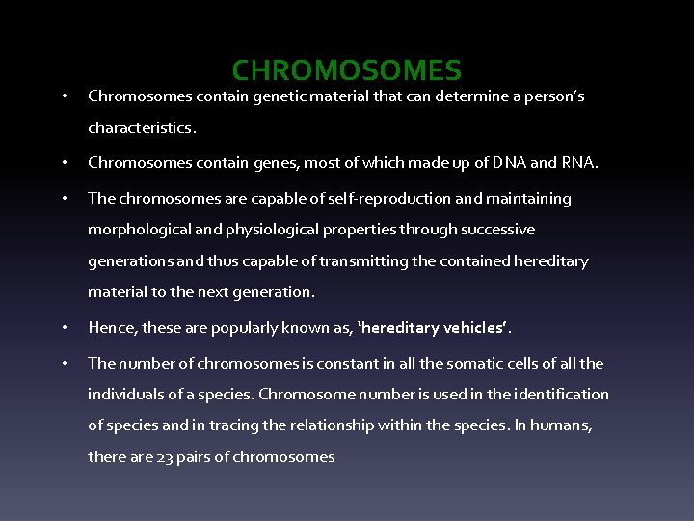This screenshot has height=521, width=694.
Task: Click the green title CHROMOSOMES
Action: tap(347, 70)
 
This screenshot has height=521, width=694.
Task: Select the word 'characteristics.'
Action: tap(142, 127)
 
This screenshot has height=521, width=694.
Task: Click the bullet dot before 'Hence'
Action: tap(63, 328)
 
